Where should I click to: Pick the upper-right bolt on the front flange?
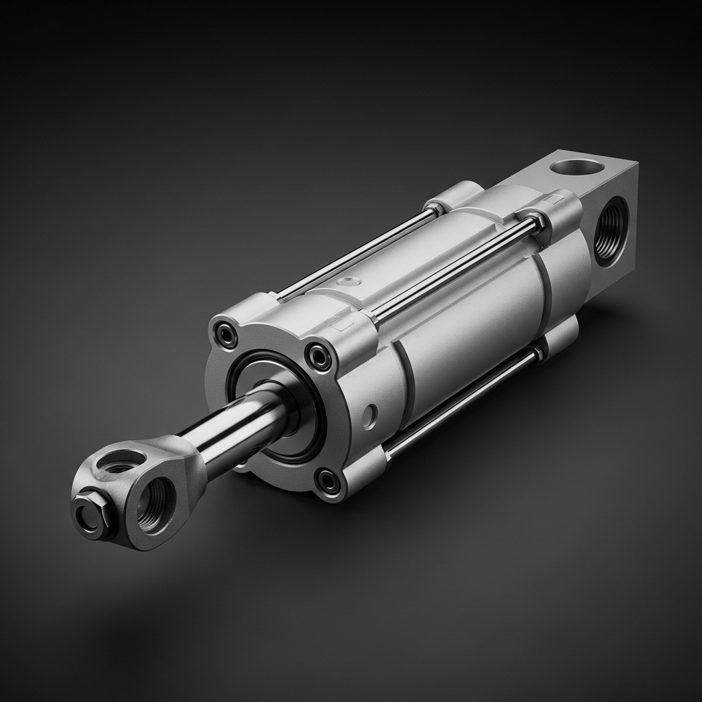click(x=319, y=356)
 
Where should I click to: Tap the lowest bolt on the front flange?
click(x=330, y=481)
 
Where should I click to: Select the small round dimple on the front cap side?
click(x=370, y=415)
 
